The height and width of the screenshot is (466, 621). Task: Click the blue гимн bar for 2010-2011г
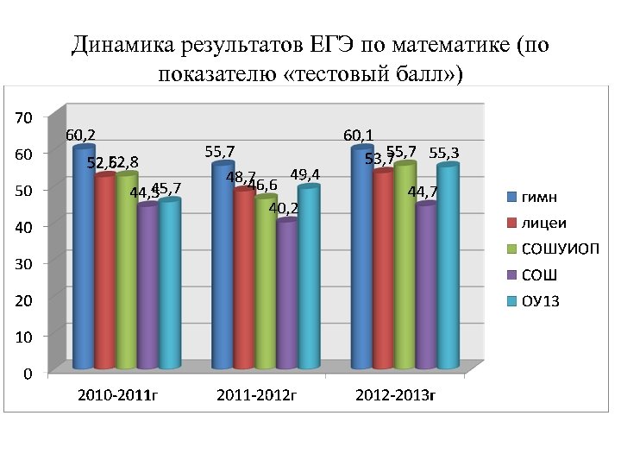click(84, 259)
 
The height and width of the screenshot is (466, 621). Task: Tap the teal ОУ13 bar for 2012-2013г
click(447, 268)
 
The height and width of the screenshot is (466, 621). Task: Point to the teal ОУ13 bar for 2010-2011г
click(169, 285)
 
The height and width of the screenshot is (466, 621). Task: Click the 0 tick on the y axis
click(29, 374)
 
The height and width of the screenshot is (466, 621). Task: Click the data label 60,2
click(80, 135)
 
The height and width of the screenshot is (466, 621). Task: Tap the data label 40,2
click(284, 208)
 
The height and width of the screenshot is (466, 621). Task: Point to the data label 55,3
click(444, 153)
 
